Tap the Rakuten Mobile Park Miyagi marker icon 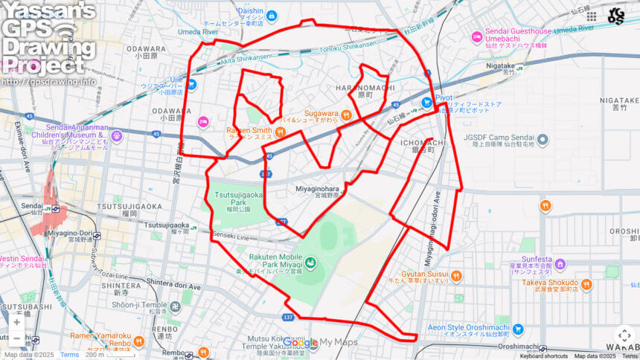click(x=310, y=262)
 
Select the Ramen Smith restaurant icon click(x=280, y=132)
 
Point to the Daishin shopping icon click(x=272, y=16)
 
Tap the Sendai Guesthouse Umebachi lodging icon click(x=477, y=36)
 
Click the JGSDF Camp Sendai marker click(x=543, y=139)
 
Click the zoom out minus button click(x=16, y=338)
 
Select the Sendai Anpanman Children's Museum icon click(x=116, y=135)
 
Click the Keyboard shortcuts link click(x=543, y=356)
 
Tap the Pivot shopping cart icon click(x=426, y=102)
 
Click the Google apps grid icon click(x=592, y=16)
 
